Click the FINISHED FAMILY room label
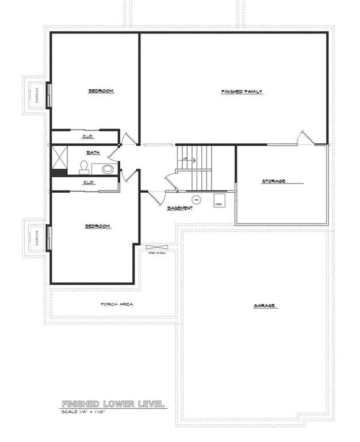pos(242,92)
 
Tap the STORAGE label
pos(274,181)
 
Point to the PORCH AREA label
pos(117,304)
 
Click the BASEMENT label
pos(179,208)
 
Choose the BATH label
pos(93,153)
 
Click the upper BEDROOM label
pos(101,91)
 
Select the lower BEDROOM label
pos(97,226)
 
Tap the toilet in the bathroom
pos(85,167)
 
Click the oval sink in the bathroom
pos(106,169)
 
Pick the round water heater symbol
pos(196,200)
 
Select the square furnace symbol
pos(219,200)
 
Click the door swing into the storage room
pos(305,138)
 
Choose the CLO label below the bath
pos(88,182)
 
